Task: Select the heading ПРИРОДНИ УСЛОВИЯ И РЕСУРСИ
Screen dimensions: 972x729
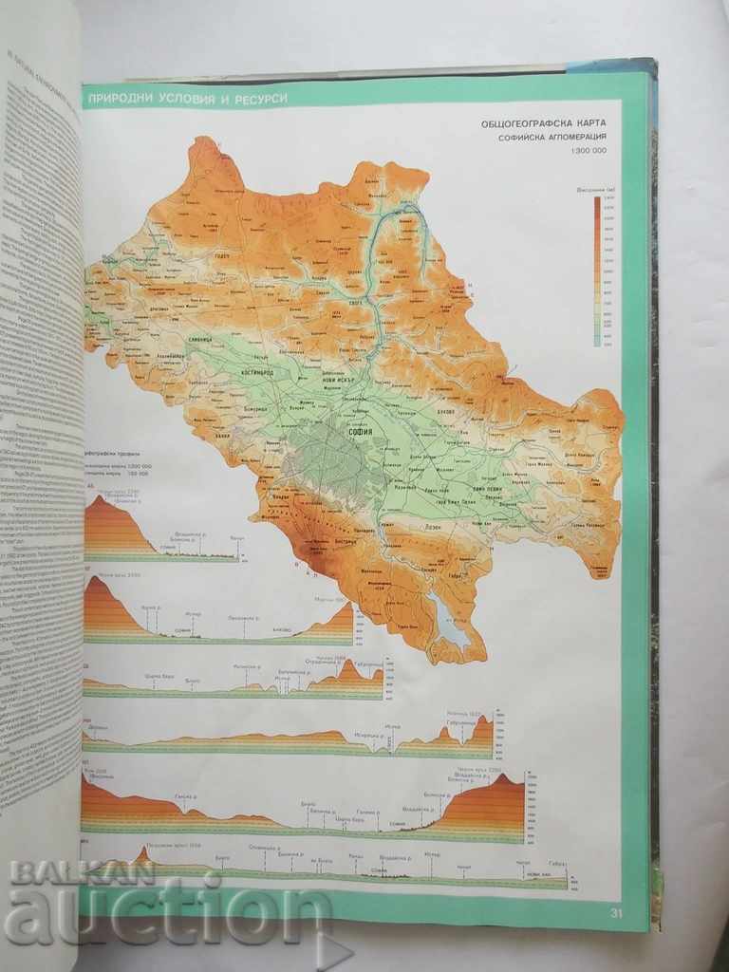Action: click(x=186, y=99)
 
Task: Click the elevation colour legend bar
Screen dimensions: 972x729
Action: click(x=597, y=270)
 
